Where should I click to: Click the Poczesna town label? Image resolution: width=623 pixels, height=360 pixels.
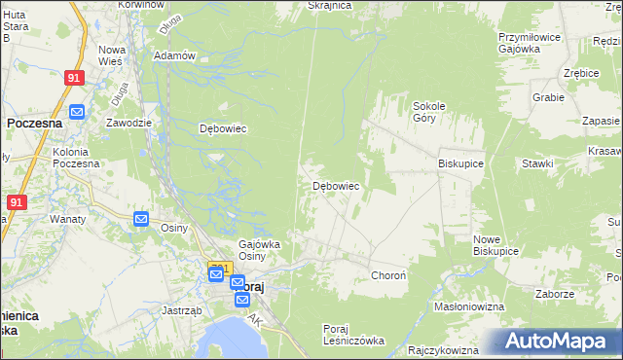point(34,124)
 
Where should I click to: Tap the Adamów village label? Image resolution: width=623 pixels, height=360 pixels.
point(175,55)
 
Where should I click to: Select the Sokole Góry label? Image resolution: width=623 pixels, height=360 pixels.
point(429,111)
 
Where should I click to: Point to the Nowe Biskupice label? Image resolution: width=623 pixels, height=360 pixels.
point(495,244)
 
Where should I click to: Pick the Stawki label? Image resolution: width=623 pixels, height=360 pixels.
point(537,163)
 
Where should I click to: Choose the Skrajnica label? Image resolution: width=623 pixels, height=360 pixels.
point(328,5)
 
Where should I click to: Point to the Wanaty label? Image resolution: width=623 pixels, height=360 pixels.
point(68,219)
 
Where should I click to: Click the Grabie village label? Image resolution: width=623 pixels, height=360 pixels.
point(549,97)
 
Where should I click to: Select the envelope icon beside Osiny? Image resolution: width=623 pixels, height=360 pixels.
point(141,219)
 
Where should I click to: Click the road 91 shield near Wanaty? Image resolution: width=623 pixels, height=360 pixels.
point(16,202)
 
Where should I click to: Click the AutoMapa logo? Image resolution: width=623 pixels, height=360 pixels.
point(558,342)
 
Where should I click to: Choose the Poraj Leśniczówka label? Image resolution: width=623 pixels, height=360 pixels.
point(353,335)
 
